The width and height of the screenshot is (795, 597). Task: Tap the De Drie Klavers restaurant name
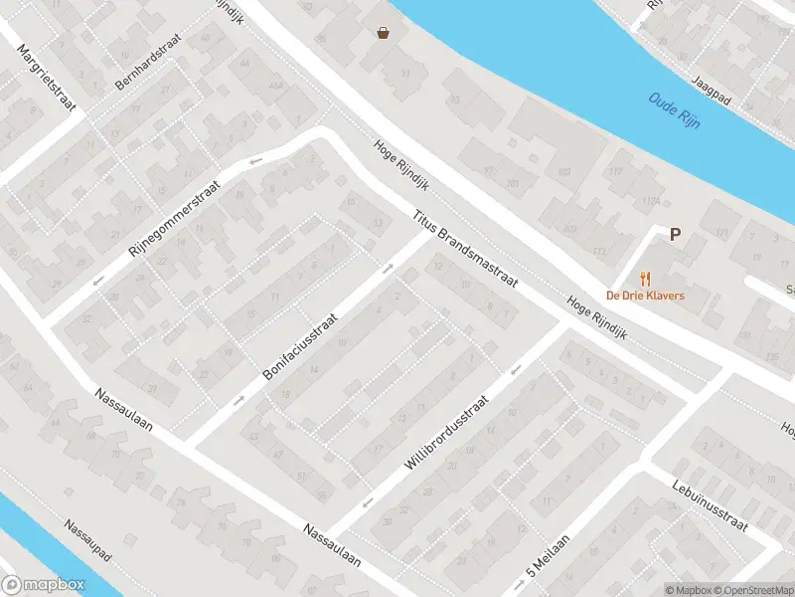646,297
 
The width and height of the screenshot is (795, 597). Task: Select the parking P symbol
675,235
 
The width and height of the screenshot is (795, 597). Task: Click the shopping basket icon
383,32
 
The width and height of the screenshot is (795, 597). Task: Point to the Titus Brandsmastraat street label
466,248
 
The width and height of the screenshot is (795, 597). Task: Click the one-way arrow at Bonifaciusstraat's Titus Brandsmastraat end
389,268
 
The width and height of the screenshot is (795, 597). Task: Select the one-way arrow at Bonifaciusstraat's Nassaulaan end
238,400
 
